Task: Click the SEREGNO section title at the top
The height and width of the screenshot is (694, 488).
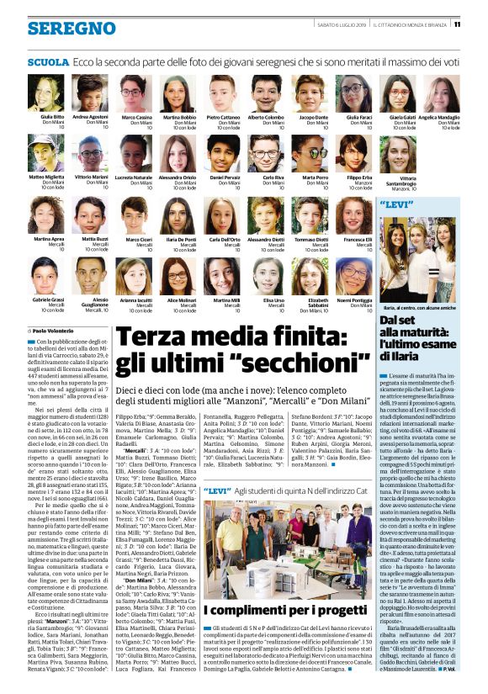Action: tap(60, 29)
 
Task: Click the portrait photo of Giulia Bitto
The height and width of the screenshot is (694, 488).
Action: tap(52, 93)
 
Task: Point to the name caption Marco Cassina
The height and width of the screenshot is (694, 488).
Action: tap(137, 117)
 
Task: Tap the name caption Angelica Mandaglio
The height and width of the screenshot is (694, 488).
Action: tap(439, 117)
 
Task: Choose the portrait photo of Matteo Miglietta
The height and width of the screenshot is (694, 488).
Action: tap(52, 154)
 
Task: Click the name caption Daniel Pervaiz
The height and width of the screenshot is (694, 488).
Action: tap(225, 177)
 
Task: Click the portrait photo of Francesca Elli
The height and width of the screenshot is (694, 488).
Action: tap(358, 215)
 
